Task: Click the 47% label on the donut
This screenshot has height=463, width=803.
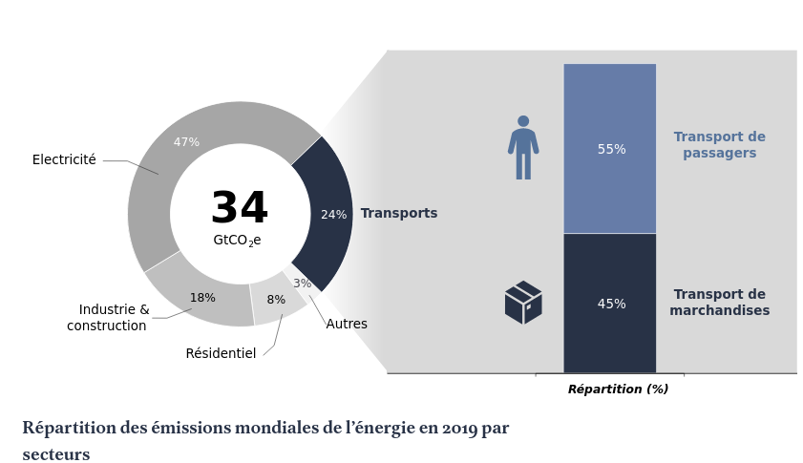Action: [x=186, y=142]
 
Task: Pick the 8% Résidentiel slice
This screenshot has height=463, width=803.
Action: [x=276, y=300]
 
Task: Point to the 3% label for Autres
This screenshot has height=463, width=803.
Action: [x=302, y=284]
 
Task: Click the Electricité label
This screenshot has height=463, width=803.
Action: [x=64, y=160]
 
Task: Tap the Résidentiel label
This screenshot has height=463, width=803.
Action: [x=221, y=354]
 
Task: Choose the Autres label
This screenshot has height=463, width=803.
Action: [x=347, y=325]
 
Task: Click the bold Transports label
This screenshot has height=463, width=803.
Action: [x=399, y=214]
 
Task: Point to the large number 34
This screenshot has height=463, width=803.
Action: [x=239, y=209]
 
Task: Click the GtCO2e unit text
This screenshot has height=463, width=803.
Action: [x=237, y=241]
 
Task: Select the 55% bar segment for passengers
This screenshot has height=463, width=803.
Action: [x=610, y=149]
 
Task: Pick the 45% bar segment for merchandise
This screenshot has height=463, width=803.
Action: [x=610, y=304]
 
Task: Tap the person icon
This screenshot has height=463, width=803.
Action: [x=523, y=148]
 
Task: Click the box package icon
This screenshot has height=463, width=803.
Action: [x=523, y=303]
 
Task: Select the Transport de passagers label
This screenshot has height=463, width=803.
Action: [x=719, y=145]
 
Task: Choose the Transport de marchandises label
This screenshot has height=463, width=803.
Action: [x=719, y=303]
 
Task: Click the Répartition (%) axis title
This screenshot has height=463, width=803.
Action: [x=618, y=389]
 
